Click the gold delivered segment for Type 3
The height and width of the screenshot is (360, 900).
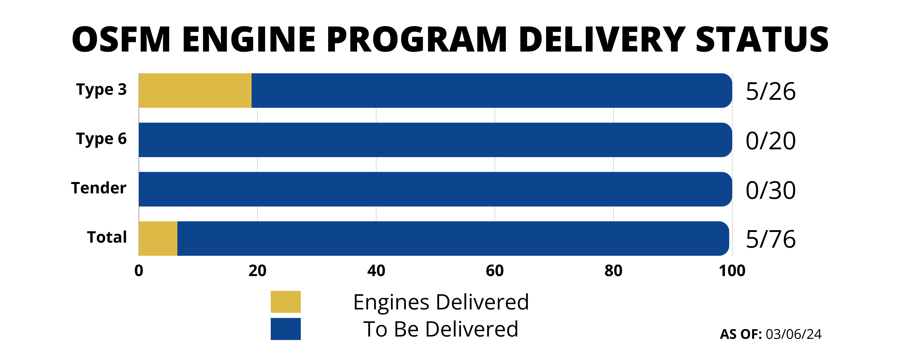(195, 91)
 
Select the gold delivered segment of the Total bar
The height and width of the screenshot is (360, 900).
(158, 238)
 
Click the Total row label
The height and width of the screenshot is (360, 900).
(107, 237)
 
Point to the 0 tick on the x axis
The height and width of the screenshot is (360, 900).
(139, 271)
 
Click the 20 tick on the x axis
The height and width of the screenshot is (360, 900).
(257, 271)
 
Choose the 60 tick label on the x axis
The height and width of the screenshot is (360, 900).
(495, 271)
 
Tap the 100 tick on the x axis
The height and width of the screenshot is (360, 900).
(732, 271)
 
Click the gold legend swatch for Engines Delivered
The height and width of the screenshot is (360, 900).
(285, 302)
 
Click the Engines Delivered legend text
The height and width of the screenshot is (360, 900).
(441, 302)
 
